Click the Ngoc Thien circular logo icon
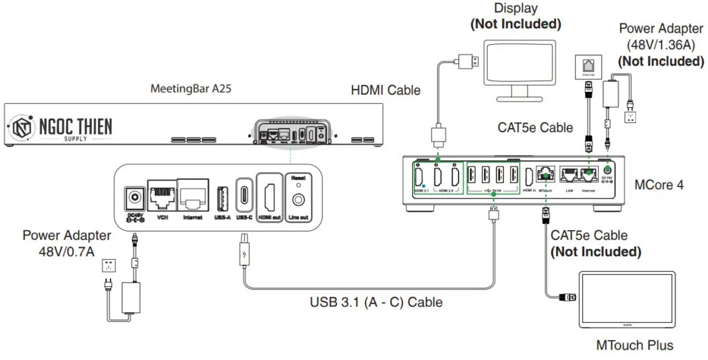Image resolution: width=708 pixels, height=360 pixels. (x=23, y=126)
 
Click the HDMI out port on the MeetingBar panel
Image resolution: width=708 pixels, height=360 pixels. (x=270, y=195)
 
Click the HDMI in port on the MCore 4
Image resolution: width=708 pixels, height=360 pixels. (x=529, y=178)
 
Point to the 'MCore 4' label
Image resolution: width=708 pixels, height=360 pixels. (x=658, y=184)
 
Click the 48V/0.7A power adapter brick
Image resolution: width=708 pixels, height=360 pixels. (x=131, y=299)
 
